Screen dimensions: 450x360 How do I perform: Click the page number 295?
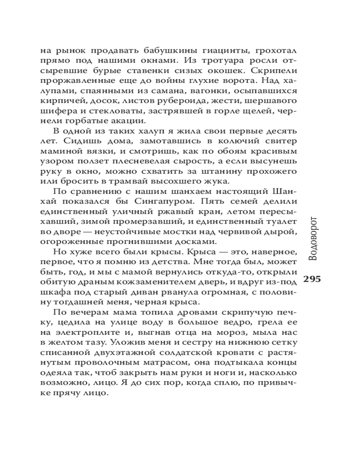click(x=312, y=279)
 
